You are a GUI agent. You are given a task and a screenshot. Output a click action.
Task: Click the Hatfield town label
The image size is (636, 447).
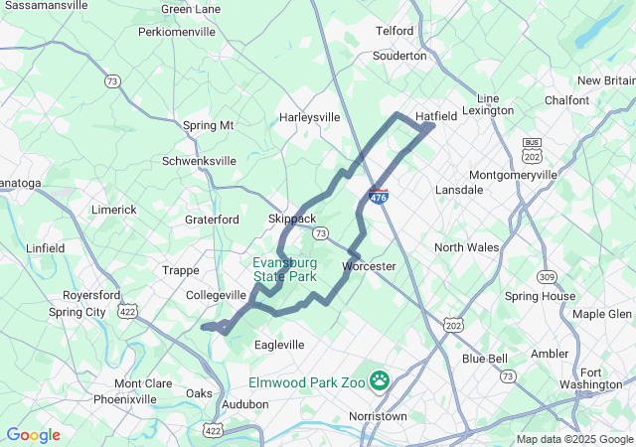point(436,116)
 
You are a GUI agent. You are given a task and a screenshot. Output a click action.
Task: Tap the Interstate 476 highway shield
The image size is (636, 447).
point(378,197)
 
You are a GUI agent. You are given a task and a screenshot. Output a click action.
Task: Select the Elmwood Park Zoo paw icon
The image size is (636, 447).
point(380,378)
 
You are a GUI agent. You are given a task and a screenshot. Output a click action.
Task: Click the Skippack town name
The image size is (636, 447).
point(291,219)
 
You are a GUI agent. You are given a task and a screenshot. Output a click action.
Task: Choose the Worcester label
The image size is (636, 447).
point(369,266)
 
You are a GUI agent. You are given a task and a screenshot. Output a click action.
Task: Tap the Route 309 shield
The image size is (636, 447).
point(545,276)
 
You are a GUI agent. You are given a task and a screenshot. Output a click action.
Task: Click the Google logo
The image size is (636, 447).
point(33,435)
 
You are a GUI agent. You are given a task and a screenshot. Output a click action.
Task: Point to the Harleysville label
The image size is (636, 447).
point(309,117)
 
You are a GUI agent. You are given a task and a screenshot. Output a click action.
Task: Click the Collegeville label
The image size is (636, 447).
point(217,295)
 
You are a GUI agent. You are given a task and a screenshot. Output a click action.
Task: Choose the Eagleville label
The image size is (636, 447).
point(279,345)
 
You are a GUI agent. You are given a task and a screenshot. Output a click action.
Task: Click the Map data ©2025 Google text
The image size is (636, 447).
point(574,439)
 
